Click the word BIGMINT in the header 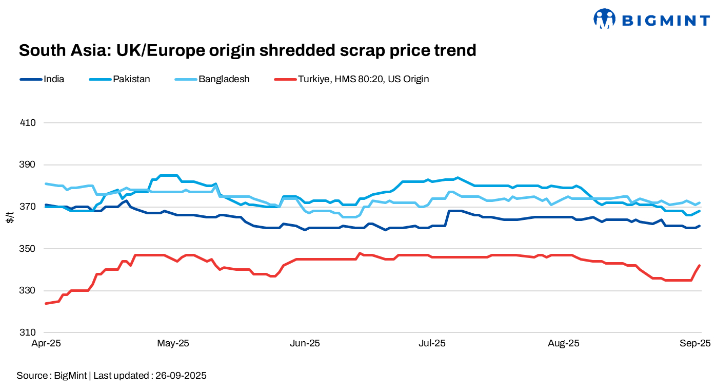pos(665,20)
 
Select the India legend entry pos(54,79)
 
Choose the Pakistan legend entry pos(131,79)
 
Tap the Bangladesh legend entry pos(224,79)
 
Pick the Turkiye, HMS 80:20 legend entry pos(363,79)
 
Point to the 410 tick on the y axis pos(28,123)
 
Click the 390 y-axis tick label pos(28,165)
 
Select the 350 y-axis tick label pos(28,249)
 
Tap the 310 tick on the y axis pos(28,332)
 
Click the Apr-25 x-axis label pos(46,343)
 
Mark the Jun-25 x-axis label pos(305,343)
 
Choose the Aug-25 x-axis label pos(564,343)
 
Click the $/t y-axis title pos(10,217)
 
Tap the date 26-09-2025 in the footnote pos(179,376)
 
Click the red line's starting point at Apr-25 pos(46,303)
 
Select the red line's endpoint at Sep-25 pos(700,266)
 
